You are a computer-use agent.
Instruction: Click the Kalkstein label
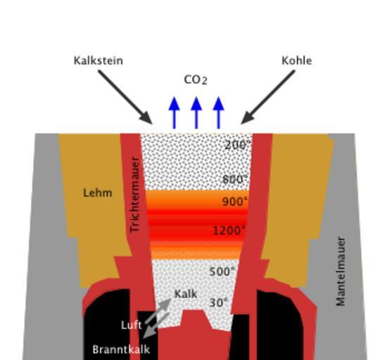point(99,60)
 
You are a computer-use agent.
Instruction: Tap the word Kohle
point(297,60)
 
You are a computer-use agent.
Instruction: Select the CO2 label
point(196,80)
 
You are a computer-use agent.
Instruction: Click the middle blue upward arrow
point(196,112)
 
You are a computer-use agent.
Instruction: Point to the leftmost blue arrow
point(175,112)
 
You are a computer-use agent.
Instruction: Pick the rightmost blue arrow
point(218,112)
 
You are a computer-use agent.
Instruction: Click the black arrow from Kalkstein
point(125,97)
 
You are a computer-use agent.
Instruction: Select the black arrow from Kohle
point(268,97)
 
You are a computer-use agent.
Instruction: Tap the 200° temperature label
point(238,145)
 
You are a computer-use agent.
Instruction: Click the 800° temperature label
point(235,179)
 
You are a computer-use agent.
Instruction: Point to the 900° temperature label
point(235,202)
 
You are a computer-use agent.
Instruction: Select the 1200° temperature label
point(229,231)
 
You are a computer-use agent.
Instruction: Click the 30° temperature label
point(218,302)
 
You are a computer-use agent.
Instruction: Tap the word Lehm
point(98,193)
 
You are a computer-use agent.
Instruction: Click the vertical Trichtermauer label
point(135,195)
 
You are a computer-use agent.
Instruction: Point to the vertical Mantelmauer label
point(341,271)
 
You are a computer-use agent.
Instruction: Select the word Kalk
point(186,294)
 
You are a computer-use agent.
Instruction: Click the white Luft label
point(132,326)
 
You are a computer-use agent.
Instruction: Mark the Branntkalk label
point(121,349)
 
